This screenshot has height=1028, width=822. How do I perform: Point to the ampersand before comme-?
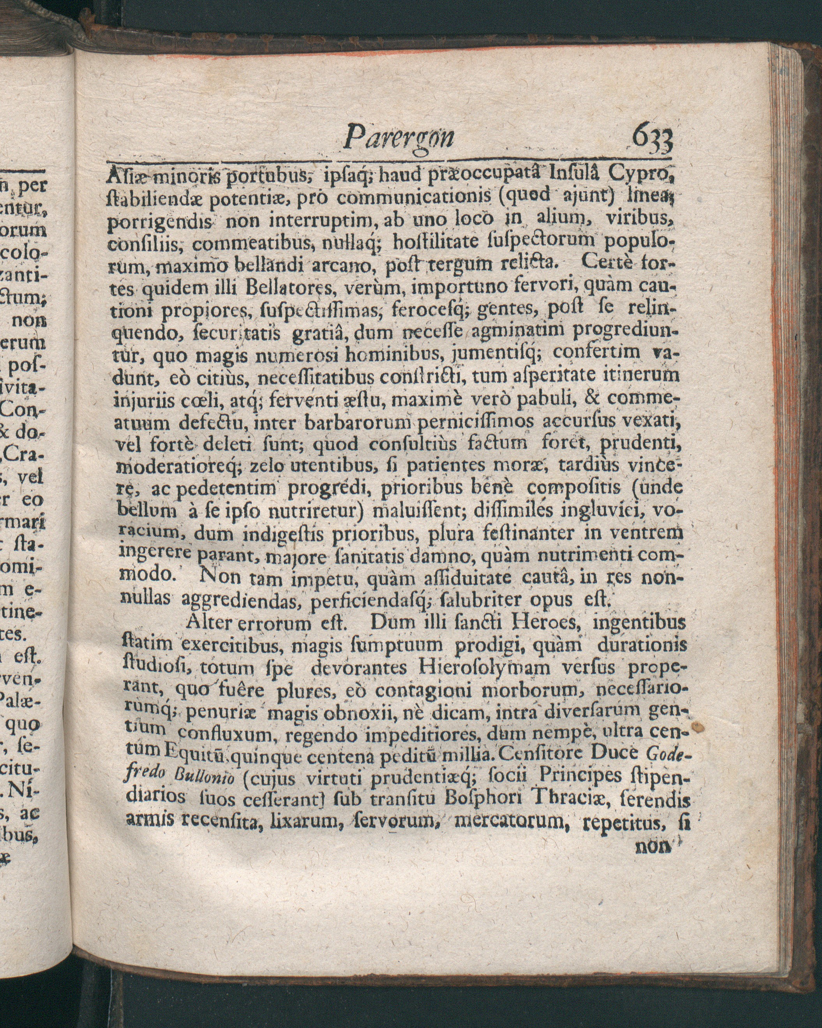click(593, 398)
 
